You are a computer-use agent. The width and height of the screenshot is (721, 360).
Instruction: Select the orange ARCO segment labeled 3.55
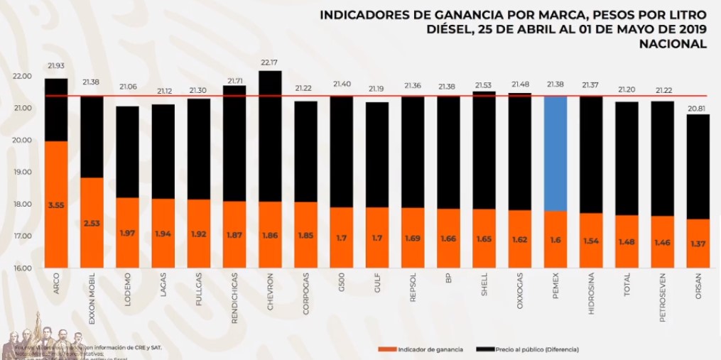56,204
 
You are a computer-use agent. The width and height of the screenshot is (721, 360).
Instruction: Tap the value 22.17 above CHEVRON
270,62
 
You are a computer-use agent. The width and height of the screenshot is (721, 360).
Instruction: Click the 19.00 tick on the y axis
22,172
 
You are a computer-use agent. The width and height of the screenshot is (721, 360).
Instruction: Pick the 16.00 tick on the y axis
22,268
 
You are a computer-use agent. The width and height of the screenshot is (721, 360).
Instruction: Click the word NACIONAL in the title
673,43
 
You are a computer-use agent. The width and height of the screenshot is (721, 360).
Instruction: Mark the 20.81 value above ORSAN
698,107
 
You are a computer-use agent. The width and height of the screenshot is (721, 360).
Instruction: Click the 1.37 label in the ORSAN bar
698,244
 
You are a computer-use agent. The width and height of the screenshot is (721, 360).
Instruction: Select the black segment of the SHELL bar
484,150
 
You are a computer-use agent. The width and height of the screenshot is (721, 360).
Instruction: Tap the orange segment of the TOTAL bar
627,241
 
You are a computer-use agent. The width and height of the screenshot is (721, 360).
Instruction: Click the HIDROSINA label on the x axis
591,294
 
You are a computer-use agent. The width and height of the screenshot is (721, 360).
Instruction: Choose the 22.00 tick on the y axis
22,76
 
